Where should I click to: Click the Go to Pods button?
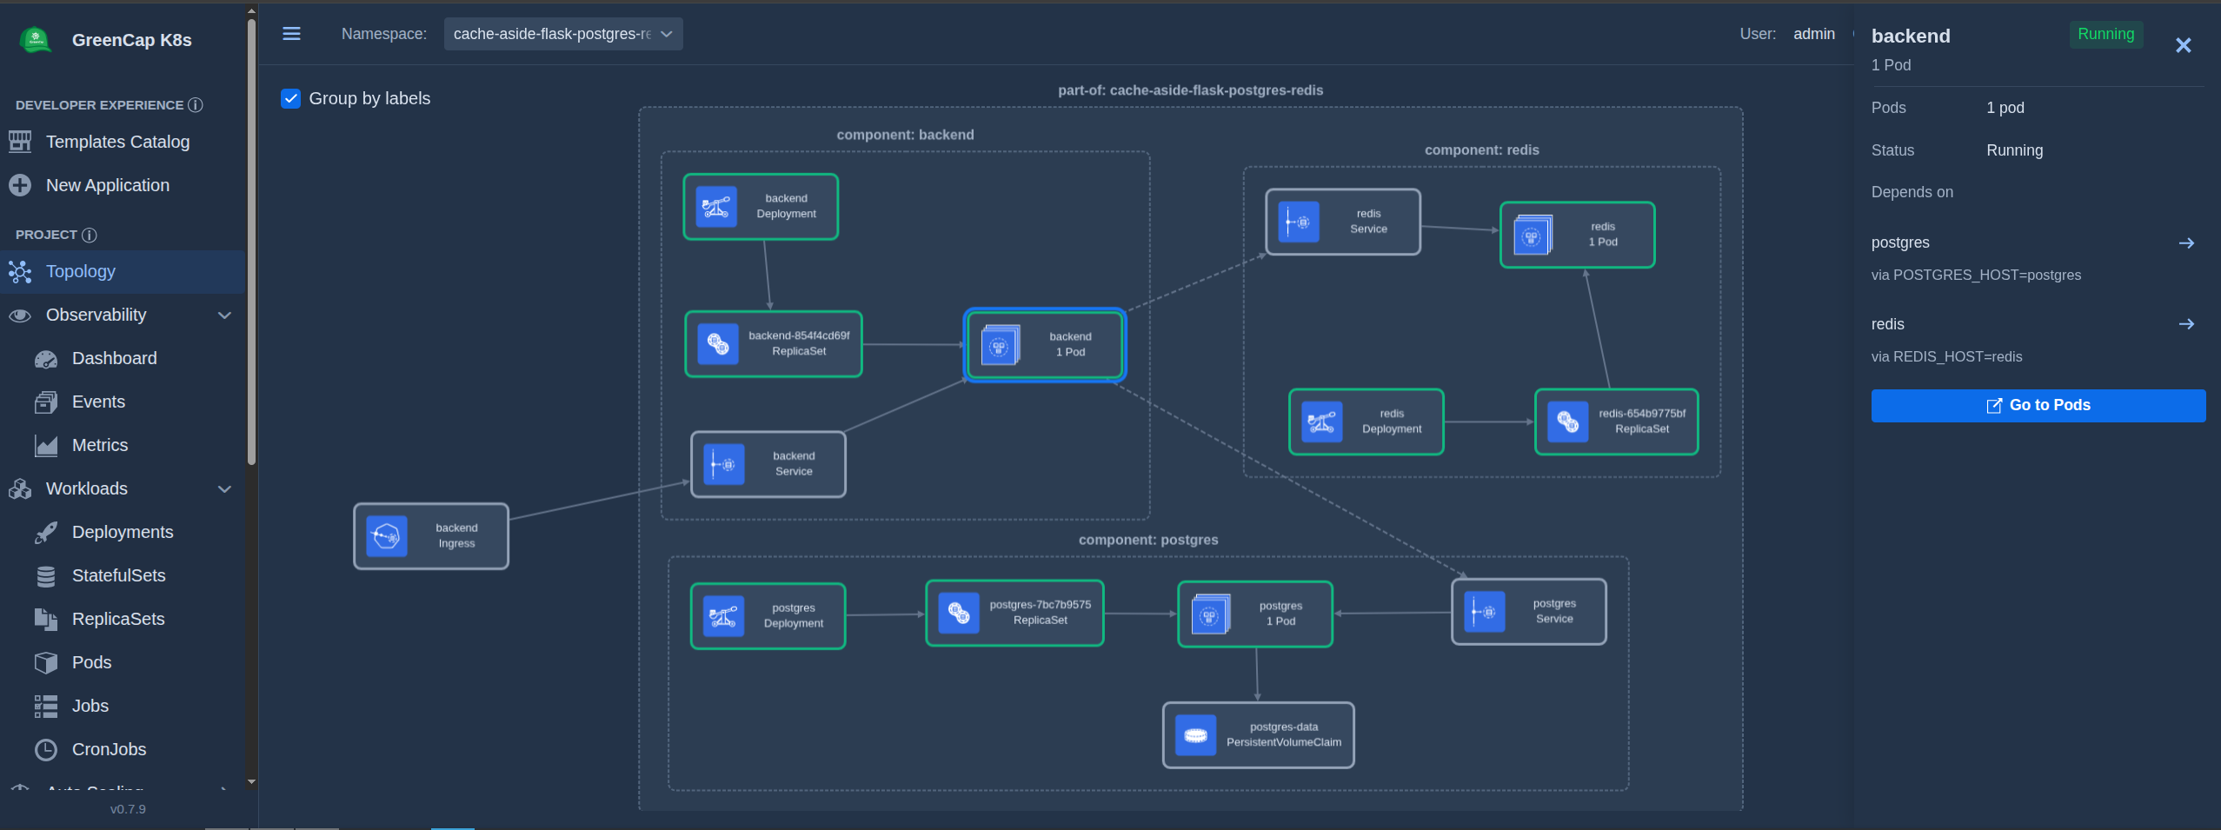pos(2038,405)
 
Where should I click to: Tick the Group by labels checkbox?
pos(291,98)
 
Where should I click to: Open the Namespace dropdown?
pos(563,34)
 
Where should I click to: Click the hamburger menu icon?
pos(292,34)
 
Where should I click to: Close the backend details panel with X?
pos(2183,45)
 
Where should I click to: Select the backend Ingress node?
pos(431,536)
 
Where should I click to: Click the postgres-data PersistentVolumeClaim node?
pos(1259,735)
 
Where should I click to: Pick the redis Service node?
pos(1343,222)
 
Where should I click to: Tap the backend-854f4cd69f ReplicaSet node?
pos(774,344)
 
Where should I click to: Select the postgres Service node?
pos(1529,612)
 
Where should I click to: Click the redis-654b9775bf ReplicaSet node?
pos(1617,422)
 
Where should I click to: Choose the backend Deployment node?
pos(761,207)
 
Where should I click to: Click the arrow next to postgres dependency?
pos(2186,243)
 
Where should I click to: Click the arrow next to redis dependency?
pos(2186,324)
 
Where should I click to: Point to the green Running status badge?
pos(2105,34)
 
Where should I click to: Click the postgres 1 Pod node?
pos(1255,614)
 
